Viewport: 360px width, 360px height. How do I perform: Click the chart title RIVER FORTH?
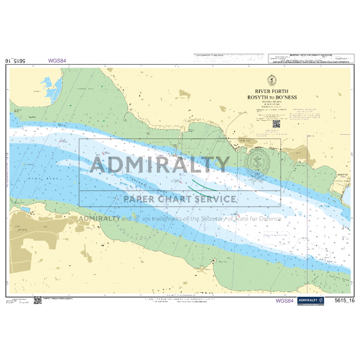coord(272,92)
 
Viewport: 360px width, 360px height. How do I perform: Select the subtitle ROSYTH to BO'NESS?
coord(272,97)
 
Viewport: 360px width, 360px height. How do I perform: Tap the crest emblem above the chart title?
coord(272,80)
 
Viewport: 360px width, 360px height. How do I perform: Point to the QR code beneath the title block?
coord(276,123)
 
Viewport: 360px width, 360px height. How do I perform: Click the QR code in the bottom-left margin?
coord(38,300)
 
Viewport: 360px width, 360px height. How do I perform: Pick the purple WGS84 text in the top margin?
coord(57,61)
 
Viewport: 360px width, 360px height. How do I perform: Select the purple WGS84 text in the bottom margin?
coord(284,301)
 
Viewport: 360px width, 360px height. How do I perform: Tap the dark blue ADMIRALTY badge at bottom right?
coord(310,301)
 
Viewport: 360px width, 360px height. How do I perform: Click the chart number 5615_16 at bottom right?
coord(344,301)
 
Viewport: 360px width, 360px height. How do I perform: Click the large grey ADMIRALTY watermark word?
coord(160,165)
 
